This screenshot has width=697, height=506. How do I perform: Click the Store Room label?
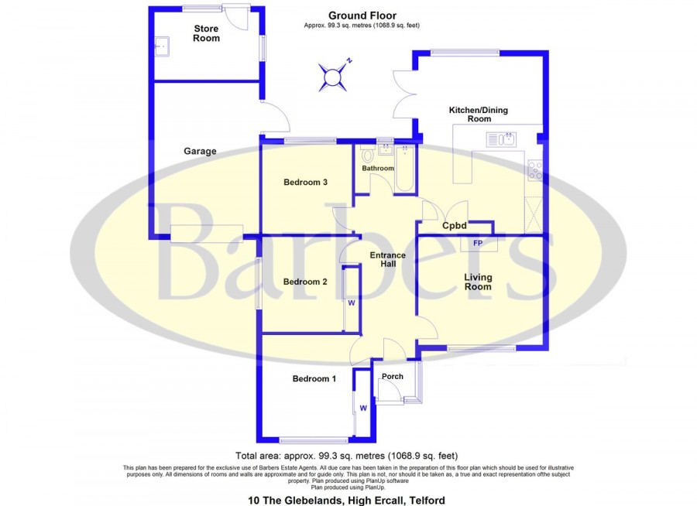(x=206, y=33)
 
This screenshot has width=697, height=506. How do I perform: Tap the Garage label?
(x=200, y=151)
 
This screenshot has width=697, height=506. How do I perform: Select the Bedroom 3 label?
(x=305, y=182)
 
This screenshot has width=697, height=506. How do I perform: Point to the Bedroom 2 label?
(x=305, y=282)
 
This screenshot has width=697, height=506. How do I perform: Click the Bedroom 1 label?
(x=314, y=378)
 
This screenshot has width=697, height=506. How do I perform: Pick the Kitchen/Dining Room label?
(x=479, y=115)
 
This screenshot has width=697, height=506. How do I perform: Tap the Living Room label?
(x=478, y=282)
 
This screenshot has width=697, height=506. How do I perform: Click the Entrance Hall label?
(x=388, y=259)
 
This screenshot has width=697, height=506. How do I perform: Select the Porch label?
(x=393, y=376)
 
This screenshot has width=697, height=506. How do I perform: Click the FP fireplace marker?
(x=478, y=244)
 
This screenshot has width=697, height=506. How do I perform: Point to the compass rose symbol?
(x=332, y=77)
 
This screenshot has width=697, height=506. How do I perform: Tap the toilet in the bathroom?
(x=367, y=155)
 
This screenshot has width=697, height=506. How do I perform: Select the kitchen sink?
(x=500, y=139)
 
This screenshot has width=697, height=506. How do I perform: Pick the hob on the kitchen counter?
(x=534, y=170)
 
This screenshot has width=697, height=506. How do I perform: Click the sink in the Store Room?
(x=162, y=46)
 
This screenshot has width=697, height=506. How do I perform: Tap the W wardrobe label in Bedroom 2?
(x=351, y=303)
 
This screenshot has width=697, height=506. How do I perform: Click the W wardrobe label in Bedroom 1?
(x=363, y=409)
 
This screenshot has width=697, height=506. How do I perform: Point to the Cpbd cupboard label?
(x=455, y=226)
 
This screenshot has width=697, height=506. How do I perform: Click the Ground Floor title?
(x=362, y=16)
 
